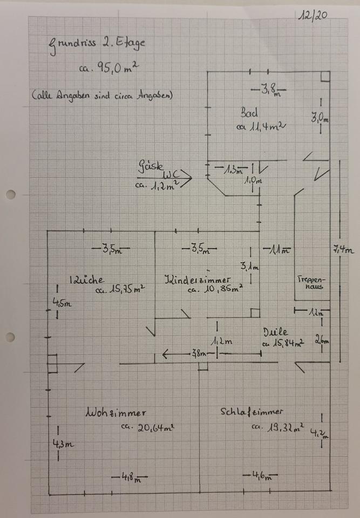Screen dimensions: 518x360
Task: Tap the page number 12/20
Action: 313,16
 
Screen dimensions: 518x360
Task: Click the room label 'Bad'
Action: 249,113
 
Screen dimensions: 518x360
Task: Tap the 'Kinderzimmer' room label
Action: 198,280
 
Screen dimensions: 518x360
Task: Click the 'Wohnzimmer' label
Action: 116,413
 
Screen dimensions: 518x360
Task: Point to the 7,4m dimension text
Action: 344,249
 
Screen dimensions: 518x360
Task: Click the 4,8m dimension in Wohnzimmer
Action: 128,477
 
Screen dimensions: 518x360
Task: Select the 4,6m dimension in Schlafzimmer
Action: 261,476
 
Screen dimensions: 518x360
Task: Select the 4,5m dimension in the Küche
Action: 62,303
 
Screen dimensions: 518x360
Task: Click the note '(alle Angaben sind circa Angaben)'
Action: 101,97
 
